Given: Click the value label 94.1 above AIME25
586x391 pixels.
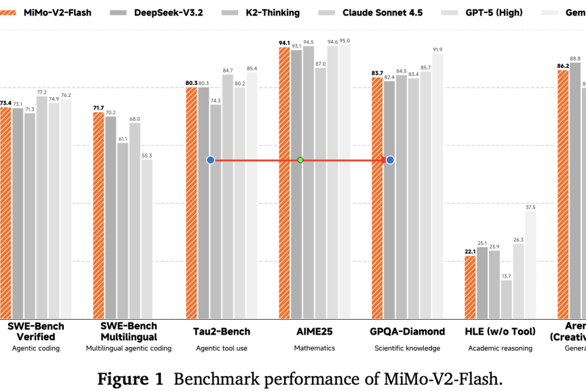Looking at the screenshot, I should point(284,43).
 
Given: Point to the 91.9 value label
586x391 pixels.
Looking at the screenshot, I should point(437,50).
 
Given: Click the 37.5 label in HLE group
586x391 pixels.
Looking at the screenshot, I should point(530,207).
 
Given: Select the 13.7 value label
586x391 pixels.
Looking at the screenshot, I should point(506,276).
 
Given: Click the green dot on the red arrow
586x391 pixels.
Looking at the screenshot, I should point(300,160).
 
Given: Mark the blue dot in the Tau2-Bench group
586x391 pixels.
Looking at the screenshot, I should point(210,160).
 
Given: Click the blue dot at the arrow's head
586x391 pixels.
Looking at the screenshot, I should point(390,160).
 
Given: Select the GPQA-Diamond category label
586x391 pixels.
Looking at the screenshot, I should point(408,332).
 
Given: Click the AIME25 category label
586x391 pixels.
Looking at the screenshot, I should point(314,332).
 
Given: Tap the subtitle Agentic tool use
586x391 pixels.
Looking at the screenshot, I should point(222,348).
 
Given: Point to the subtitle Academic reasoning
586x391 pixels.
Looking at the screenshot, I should point(500,348).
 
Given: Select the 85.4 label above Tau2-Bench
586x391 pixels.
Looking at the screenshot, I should point(252,69).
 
